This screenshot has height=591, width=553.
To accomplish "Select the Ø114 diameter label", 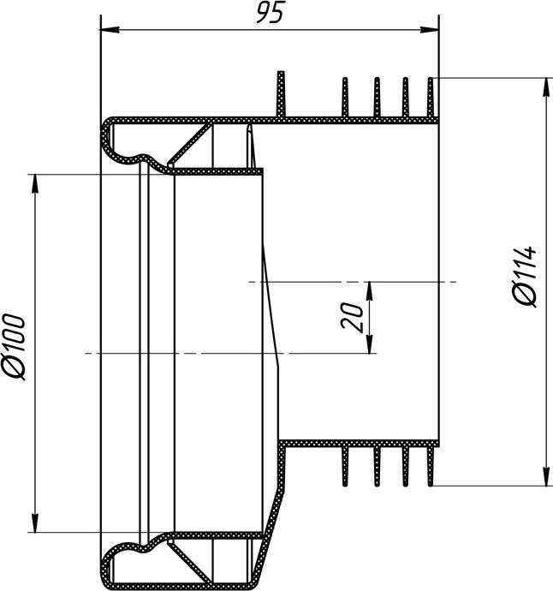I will (x=525, y=277).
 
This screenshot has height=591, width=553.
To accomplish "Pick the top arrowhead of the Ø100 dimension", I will (x=35, y=181).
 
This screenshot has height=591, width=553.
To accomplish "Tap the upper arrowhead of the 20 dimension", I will (x=370, y=288).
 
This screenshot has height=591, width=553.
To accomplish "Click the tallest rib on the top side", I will (x=280, y=94).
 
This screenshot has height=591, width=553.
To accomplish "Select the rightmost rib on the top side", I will (x=432, y=97).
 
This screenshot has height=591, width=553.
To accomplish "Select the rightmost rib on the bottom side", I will (x=432, y=466).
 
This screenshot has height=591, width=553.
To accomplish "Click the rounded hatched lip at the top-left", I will (x=111, y=137).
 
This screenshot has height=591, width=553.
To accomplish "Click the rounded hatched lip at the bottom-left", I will (x=111, y=565).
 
